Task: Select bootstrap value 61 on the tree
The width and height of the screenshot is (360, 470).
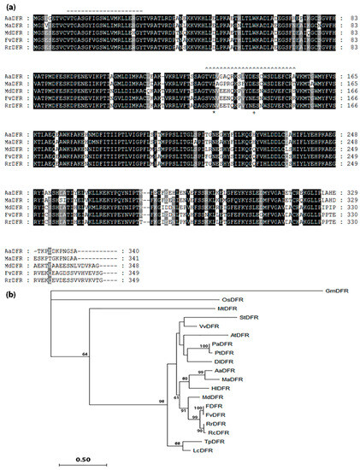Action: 176,397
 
